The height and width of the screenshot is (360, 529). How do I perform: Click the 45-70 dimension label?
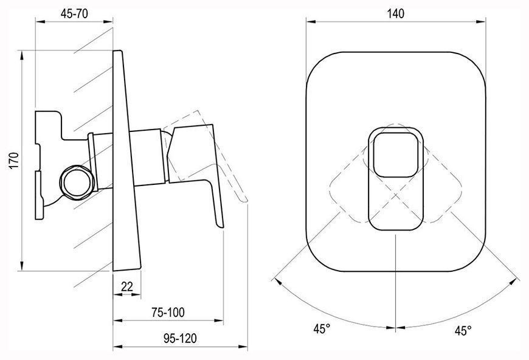pos(74,13)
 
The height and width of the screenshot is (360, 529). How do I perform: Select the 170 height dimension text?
pos(14,161)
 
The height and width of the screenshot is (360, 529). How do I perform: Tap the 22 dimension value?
pos(127,286)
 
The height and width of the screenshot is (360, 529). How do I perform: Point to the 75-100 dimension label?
pos(168,312)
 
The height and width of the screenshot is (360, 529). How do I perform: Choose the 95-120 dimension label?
pos(180,337)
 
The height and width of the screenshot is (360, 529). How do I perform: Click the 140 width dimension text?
pos(395,13)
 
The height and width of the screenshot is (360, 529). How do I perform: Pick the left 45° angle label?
pos(322,328)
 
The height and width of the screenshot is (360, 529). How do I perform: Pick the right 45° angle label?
pos(463,331)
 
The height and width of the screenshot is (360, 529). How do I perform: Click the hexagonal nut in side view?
pos(77,182)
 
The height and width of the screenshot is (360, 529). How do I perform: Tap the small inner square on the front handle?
pos(395,154)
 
